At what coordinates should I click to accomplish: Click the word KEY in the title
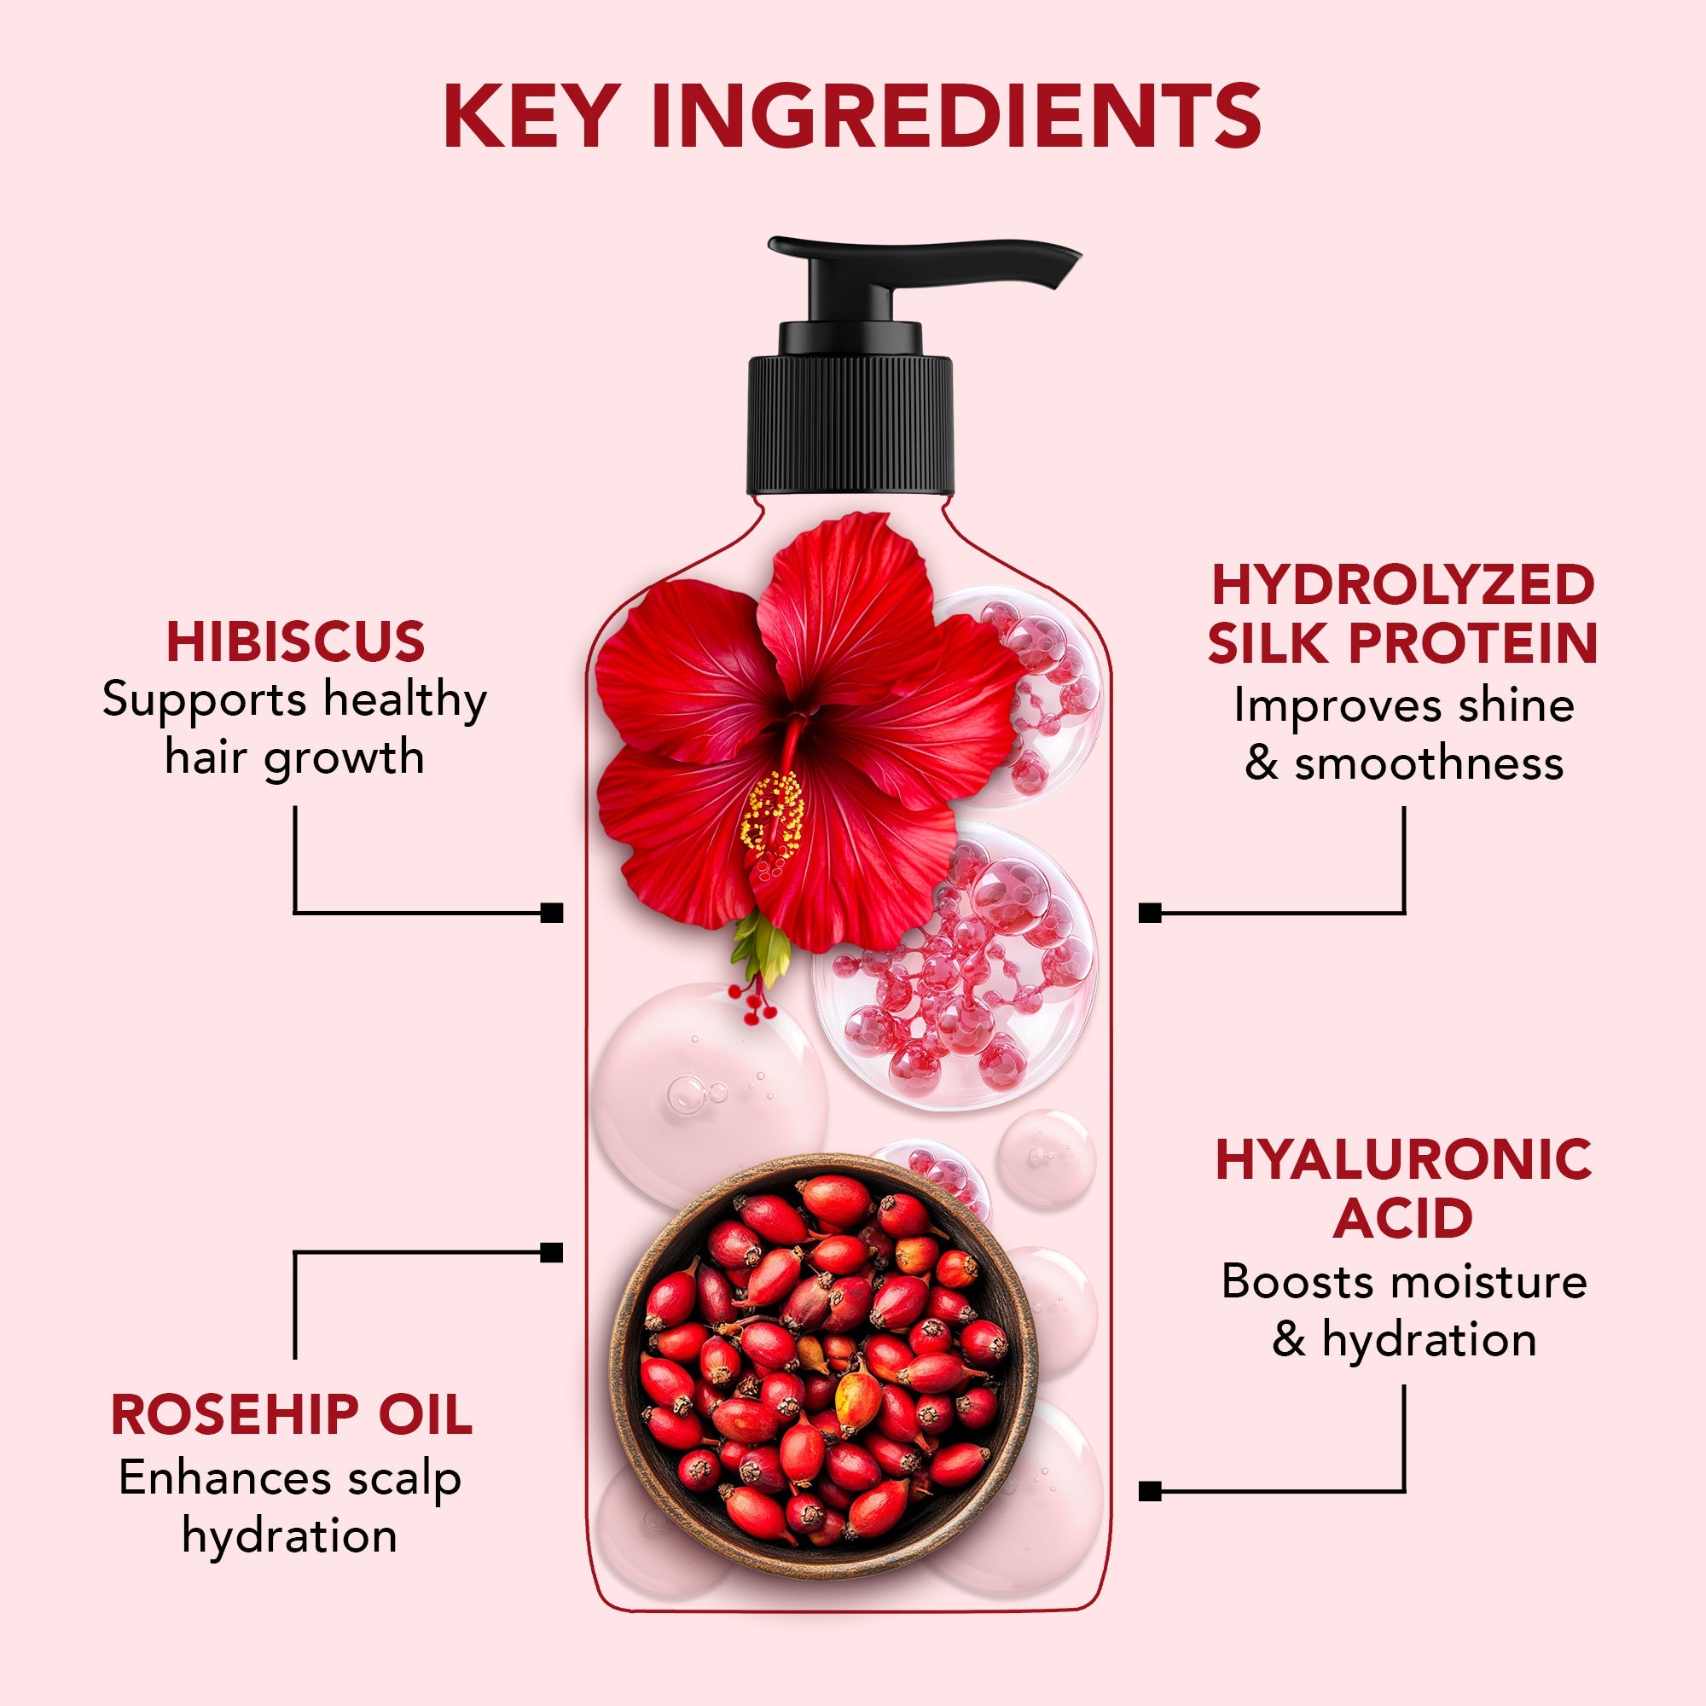tap(528, 116)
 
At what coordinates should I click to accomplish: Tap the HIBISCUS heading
tap(295, 642)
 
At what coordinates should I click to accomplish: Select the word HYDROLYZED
tap(1403, 585)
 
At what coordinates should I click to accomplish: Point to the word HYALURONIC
tap(1404, 1159)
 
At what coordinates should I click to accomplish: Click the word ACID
tap(1403, 1219)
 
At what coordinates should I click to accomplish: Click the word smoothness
tap(1429, 763)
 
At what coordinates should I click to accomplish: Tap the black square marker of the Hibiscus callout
tap(552, 912)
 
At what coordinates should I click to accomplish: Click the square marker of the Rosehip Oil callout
tap(552, 1252)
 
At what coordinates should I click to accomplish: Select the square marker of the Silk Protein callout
tap(1150, 912)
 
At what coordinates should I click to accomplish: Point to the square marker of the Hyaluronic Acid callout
tap(1150, 1491)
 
